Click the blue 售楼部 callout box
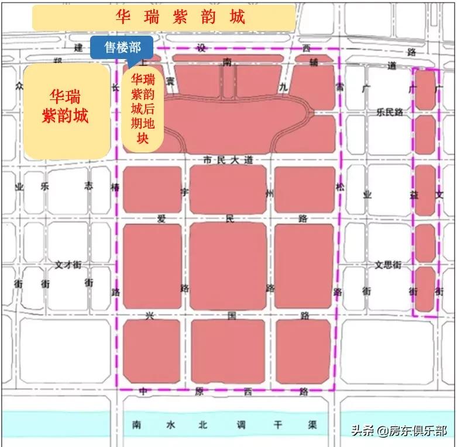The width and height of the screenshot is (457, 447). pos(121,47)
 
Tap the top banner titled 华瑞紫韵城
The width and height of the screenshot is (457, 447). pos(180,18)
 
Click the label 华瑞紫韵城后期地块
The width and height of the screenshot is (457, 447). pos(143,108)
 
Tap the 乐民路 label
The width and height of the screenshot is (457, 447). pos(390,111)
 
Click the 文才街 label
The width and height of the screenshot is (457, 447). pos(67,264)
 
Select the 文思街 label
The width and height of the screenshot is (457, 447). pos(387,264)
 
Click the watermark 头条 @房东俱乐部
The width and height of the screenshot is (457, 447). pos(398,431)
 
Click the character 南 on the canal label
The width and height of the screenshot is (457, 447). pos(137,425)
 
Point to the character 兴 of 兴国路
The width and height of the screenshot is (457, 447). pos(150,316)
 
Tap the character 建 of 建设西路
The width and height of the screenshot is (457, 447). pos(79,48)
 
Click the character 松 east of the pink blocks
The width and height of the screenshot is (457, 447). pos(340,187)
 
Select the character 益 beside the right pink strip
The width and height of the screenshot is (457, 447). pos(414,195)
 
